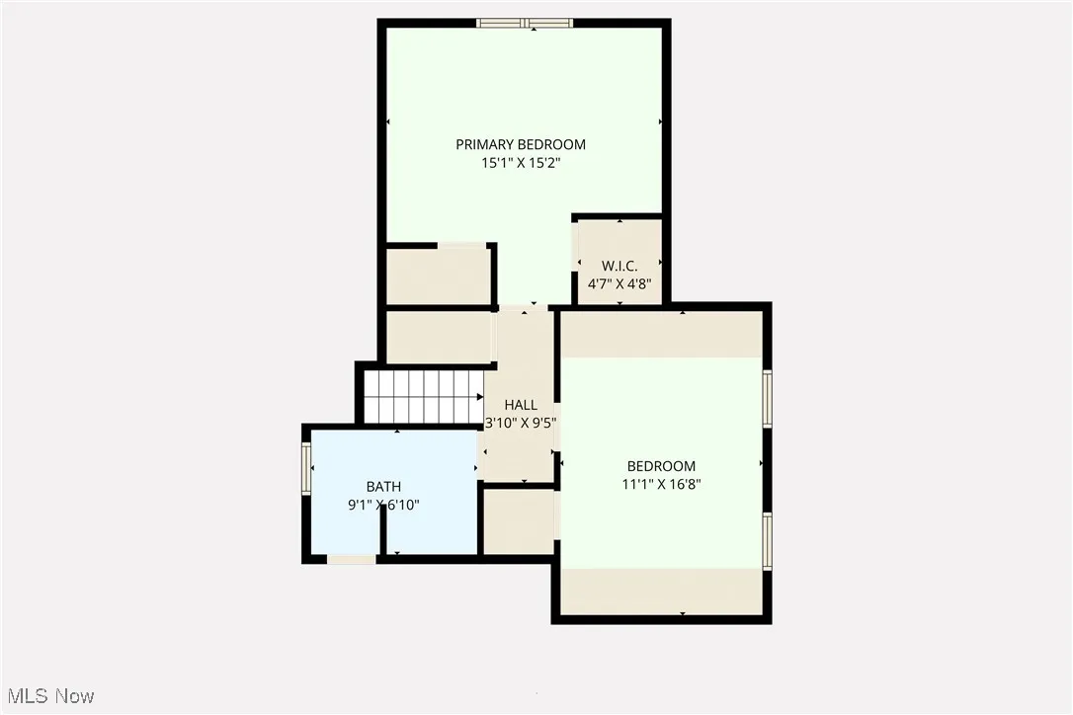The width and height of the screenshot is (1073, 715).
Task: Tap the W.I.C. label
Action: click(619, 266)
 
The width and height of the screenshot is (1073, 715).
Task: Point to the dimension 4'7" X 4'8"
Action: click(619, 283)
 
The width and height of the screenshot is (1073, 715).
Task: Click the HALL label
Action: click(521, 405)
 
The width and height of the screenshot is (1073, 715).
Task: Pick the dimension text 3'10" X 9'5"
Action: click(521, 423)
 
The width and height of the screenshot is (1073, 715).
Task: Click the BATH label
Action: click(383, 486)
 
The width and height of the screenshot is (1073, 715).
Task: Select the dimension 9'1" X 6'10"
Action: click(383, 505)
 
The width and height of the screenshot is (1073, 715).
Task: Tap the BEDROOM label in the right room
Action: click(661, 466)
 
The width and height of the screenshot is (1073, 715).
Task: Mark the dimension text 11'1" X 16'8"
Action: click(661, 484)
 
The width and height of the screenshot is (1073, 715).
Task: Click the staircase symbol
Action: click(423, 396)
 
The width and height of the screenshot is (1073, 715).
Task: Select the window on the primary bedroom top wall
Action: click(524, 23)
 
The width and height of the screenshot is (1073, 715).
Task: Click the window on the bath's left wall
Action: click(306, 468)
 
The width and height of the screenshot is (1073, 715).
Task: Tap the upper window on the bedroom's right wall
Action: click(767, 398)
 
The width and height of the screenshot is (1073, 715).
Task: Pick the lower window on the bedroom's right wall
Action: click(767, 541)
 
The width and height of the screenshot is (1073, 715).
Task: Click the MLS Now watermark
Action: click(48, 696)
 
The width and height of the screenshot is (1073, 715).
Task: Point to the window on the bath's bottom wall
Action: click(351, 560)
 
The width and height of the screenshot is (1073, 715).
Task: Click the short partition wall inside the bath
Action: click(383, 534)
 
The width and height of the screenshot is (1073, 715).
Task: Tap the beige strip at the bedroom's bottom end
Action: click(661, 592)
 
